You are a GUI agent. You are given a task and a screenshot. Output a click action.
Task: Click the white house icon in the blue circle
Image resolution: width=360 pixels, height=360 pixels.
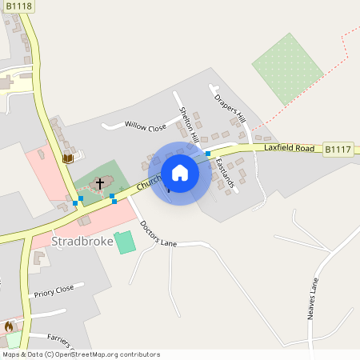point(180,172)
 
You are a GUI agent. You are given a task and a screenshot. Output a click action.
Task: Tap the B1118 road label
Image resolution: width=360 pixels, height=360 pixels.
point(18,6)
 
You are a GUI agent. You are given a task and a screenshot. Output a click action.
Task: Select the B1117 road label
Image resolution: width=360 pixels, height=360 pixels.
point(338,149)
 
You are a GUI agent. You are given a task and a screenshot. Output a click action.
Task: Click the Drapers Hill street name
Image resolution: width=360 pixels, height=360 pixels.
point(228,109)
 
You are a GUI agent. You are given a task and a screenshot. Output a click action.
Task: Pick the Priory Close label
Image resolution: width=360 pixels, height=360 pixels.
point(54,290)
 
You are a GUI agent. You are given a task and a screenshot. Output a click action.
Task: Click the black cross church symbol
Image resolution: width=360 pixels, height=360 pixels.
point(100,184)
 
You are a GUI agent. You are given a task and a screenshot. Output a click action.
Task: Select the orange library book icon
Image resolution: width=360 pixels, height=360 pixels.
point(68,158)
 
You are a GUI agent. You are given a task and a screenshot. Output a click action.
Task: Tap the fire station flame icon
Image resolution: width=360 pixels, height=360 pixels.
point(9,326)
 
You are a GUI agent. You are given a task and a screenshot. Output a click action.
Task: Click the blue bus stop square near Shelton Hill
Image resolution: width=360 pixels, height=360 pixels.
point(208,154)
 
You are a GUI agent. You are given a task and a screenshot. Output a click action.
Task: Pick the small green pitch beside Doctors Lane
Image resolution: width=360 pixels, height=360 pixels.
point(125,242)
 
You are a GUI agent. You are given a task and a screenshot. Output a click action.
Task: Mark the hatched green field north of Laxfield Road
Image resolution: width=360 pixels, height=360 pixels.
point(287,68)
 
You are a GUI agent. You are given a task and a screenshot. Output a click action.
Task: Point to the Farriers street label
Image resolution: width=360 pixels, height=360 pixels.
point(64,341)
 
